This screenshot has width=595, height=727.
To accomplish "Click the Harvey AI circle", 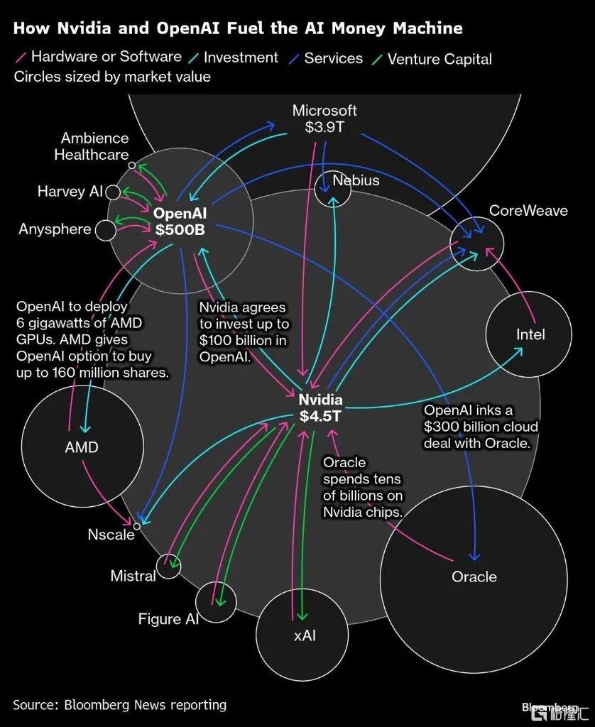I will (113, 192).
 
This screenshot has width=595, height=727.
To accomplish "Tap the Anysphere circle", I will (105, 230).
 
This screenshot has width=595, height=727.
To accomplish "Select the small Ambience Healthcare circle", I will (132, 165).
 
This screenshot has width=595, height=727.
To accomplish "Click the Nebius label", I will (356, 180).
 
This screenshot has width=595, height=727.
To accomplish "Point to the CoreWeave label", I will (528, 211).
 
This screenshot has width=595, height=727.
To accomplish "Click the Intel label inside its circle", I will (530, 334).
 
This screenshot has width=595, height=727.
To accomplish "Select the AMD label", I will (82, 447).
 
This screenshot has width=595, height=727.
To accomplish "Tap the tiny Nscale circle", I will (137, 526).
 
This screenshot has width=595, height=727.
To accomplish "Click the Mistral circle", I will (169, 566).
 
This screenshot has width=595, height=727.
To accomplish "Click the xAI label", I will (305, 635).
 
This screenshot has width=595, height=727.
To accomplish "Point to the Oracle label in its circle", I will (474, 576).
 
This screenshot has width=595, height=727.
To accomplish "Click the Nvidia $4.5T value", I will (321, 417).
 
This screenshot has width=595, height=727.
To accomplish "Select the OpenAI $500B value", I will (180, 229).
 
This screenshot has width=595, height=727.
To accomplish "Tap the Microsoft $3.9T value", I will (324, 128).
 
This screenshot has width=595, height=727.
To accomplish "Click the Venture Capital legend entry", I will (440, 59).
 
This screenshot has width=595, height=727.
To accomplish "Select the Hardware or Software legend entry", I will (106, 57).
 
